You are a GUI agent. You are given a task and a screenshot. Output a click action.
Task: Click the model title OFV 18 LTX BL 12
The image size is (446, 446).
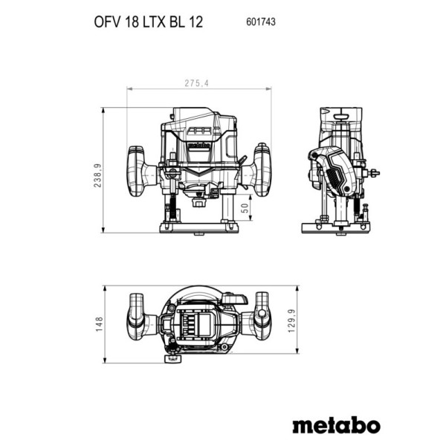pos(148,22)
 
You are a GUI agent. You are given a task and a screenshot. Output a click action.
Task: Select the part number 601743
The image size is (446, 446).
pos(261,22)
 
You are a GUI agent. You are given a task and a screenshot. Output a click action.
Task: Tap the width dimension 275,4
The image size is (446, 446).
pos(196,83)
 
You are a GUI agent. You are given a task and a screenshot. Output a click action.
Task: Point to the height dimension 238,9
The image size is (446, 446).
pos(97,175)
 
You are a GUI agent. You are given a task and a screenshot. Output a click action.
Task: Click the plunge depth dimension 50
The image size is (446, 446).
pos(245,208)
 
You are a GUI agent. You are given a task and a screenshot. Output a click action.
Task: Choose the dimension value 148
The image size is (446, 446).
pos(99,324)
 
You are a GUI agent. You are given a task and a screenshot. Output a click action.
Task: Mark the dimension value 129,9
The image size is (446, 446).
pos(292,321)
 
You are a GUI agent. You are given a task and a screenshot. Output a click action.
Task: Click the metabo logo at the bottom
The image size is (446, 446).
pos(337,425)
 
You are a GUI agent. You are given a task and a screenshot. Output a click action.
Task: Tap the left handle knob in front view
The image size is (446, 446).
pos(136,172)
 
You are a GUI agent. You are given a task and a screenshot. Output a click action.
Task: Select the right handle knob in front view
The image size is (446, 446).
pos(262,169)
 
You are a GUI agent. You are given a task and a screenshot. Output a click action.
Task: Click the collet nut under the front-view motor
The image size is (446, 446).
pos(198,202)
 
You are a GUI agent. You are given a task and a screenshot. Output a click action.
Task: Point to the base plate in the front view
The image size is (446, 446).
pos(198,228)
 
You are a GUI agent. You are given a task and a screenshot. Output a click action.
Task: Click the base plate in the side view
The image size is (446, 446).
pos(336,228)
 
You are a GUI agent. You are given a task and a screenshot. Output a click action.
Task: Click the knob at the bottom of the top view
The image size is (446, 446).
pos(172,358)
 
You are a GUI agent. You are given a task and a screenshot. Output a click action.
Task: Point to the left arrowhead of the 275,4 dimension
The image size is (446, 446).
pos(129,89)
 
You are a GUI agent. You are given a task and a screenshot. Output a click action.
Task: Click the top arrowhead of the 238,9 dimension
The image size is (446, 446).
pos(103,110)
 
